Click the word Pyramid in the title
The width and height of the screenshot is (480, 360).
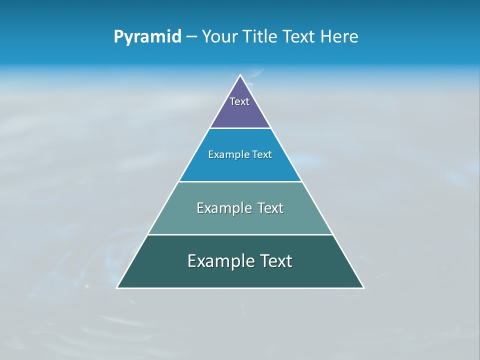point(147,37)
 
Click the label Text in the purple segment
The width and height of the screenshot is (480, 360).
point(239,101)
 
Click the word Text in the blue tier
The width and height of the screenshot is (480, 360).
point(261,154)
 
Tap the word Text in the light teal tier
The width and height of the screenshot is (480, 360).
point(270,208)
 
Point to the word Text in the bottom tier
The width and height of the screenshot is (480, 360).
point(276,261)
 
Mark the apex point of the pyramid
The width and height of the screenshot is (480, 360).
point(240,75)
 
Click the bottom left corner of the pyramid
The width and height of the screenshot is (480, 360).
point(117,287)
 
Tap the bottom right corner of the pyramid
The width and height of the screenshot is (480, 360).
point(363,287)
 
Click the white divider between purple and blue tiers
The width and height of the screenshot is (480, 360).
point(240,128)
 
